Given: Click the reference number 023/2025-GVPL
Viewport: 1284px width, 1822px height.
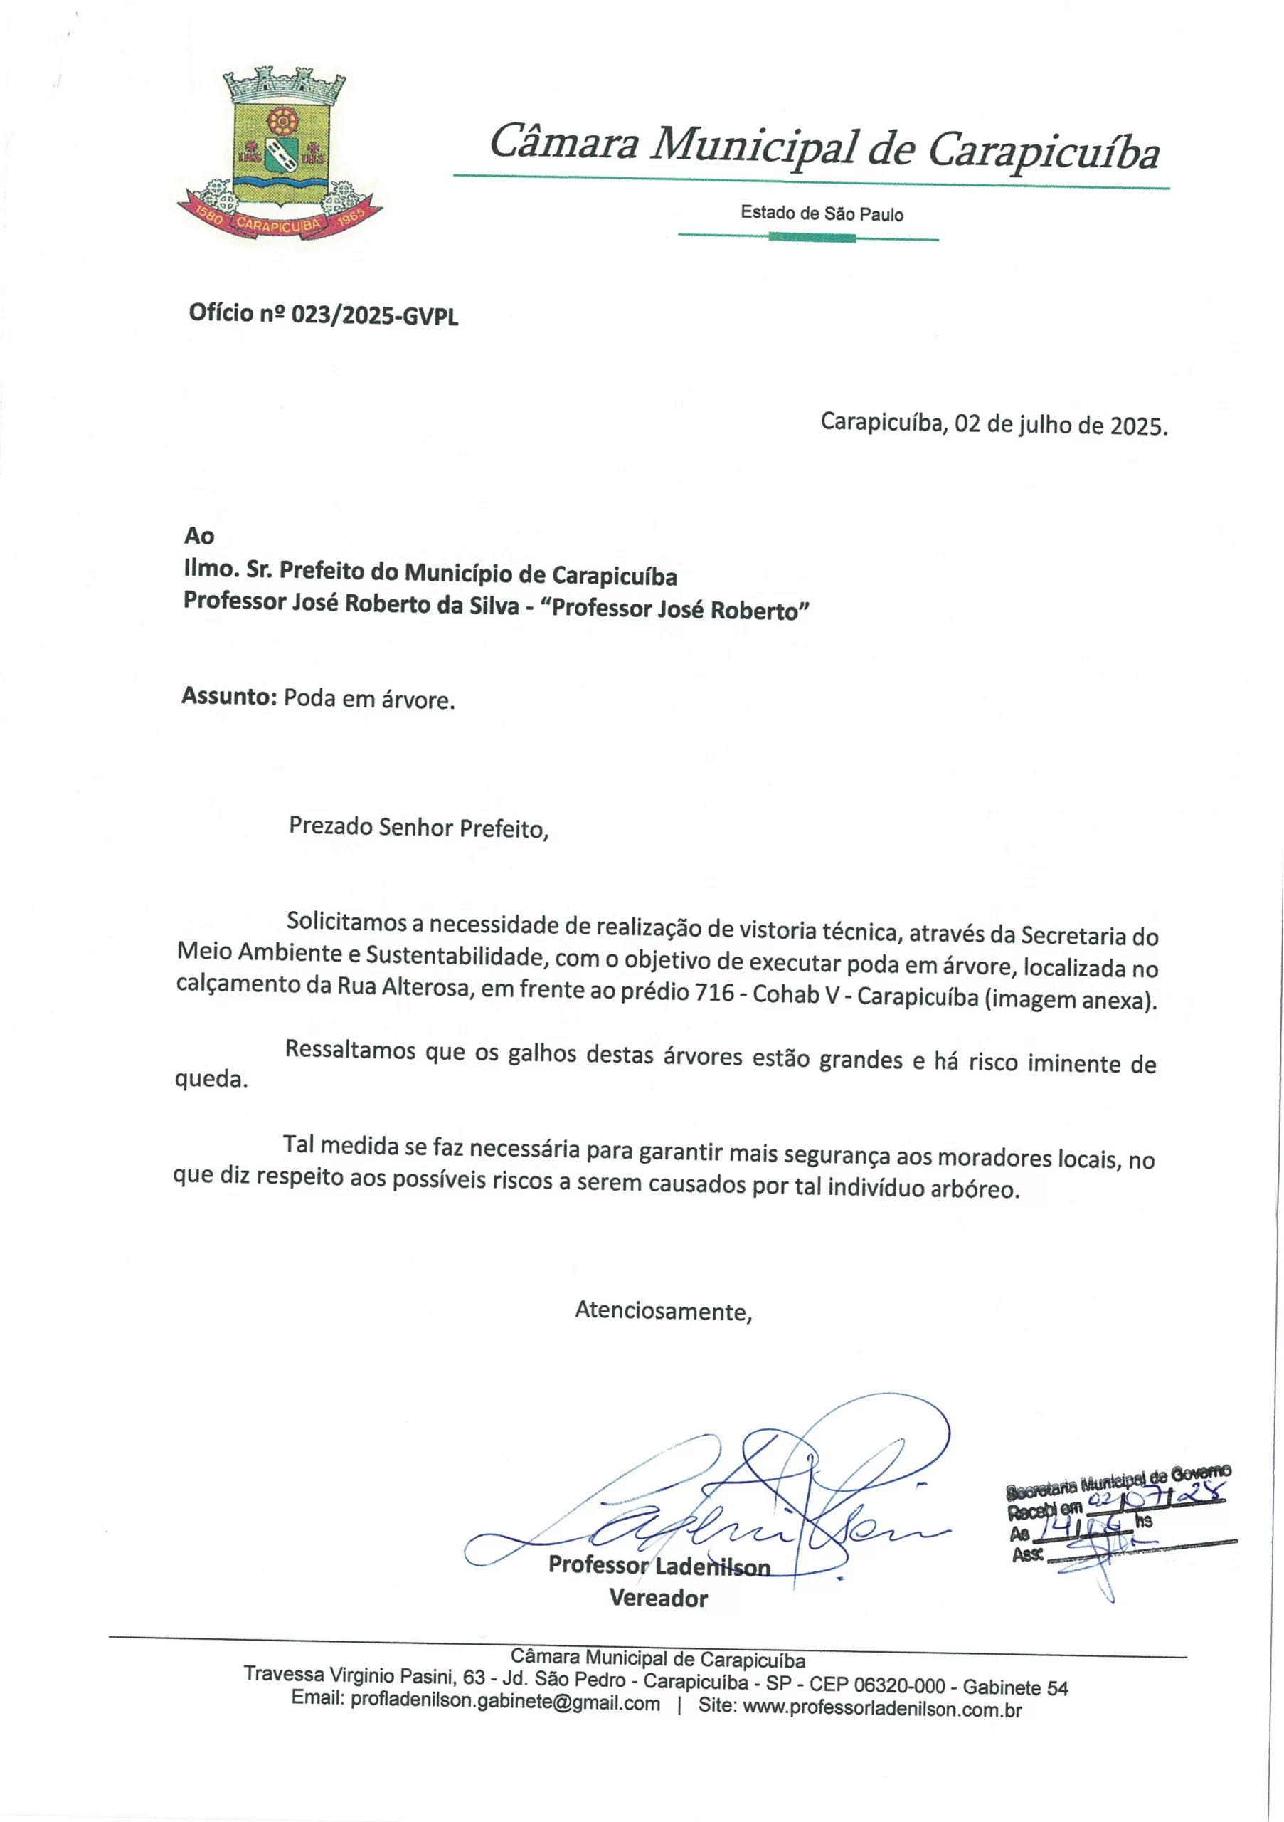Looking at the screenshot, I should (x=374, y=315).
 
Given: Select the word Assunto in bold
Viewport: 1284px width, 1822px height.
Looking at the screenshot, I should (x=228, y=696).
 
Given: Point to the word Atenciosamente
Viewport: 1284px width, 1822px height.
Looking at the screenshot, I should (x=663, y=1310).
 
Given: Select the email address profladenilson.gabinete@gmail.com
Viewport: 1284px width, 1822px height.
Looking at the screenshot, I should (x=505, y=1703).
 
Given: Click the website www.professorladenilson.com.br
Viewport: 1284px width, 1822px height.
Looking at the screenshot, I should (x=882, y=1709).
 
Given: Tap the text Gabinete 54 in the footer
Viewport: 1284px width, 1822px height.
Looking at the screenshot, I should (x=1015, y=1688).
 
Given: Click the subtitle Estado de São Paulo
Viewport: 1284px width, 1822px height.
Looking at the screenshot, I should (x=822, y=214).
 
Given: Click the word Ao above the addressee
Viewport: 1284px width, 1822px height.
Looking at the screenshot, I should (x=199, y=536).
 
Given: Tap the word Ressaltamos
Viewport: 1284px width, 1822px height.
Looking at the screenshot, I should (x=351, y=1049).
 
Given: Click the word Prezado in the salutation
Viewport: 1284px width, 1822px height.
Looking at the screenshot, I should (x=330, y=826).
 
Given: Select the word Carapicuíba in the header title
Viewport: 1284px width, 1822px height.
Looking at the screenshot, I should (x=1044, y=150).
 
